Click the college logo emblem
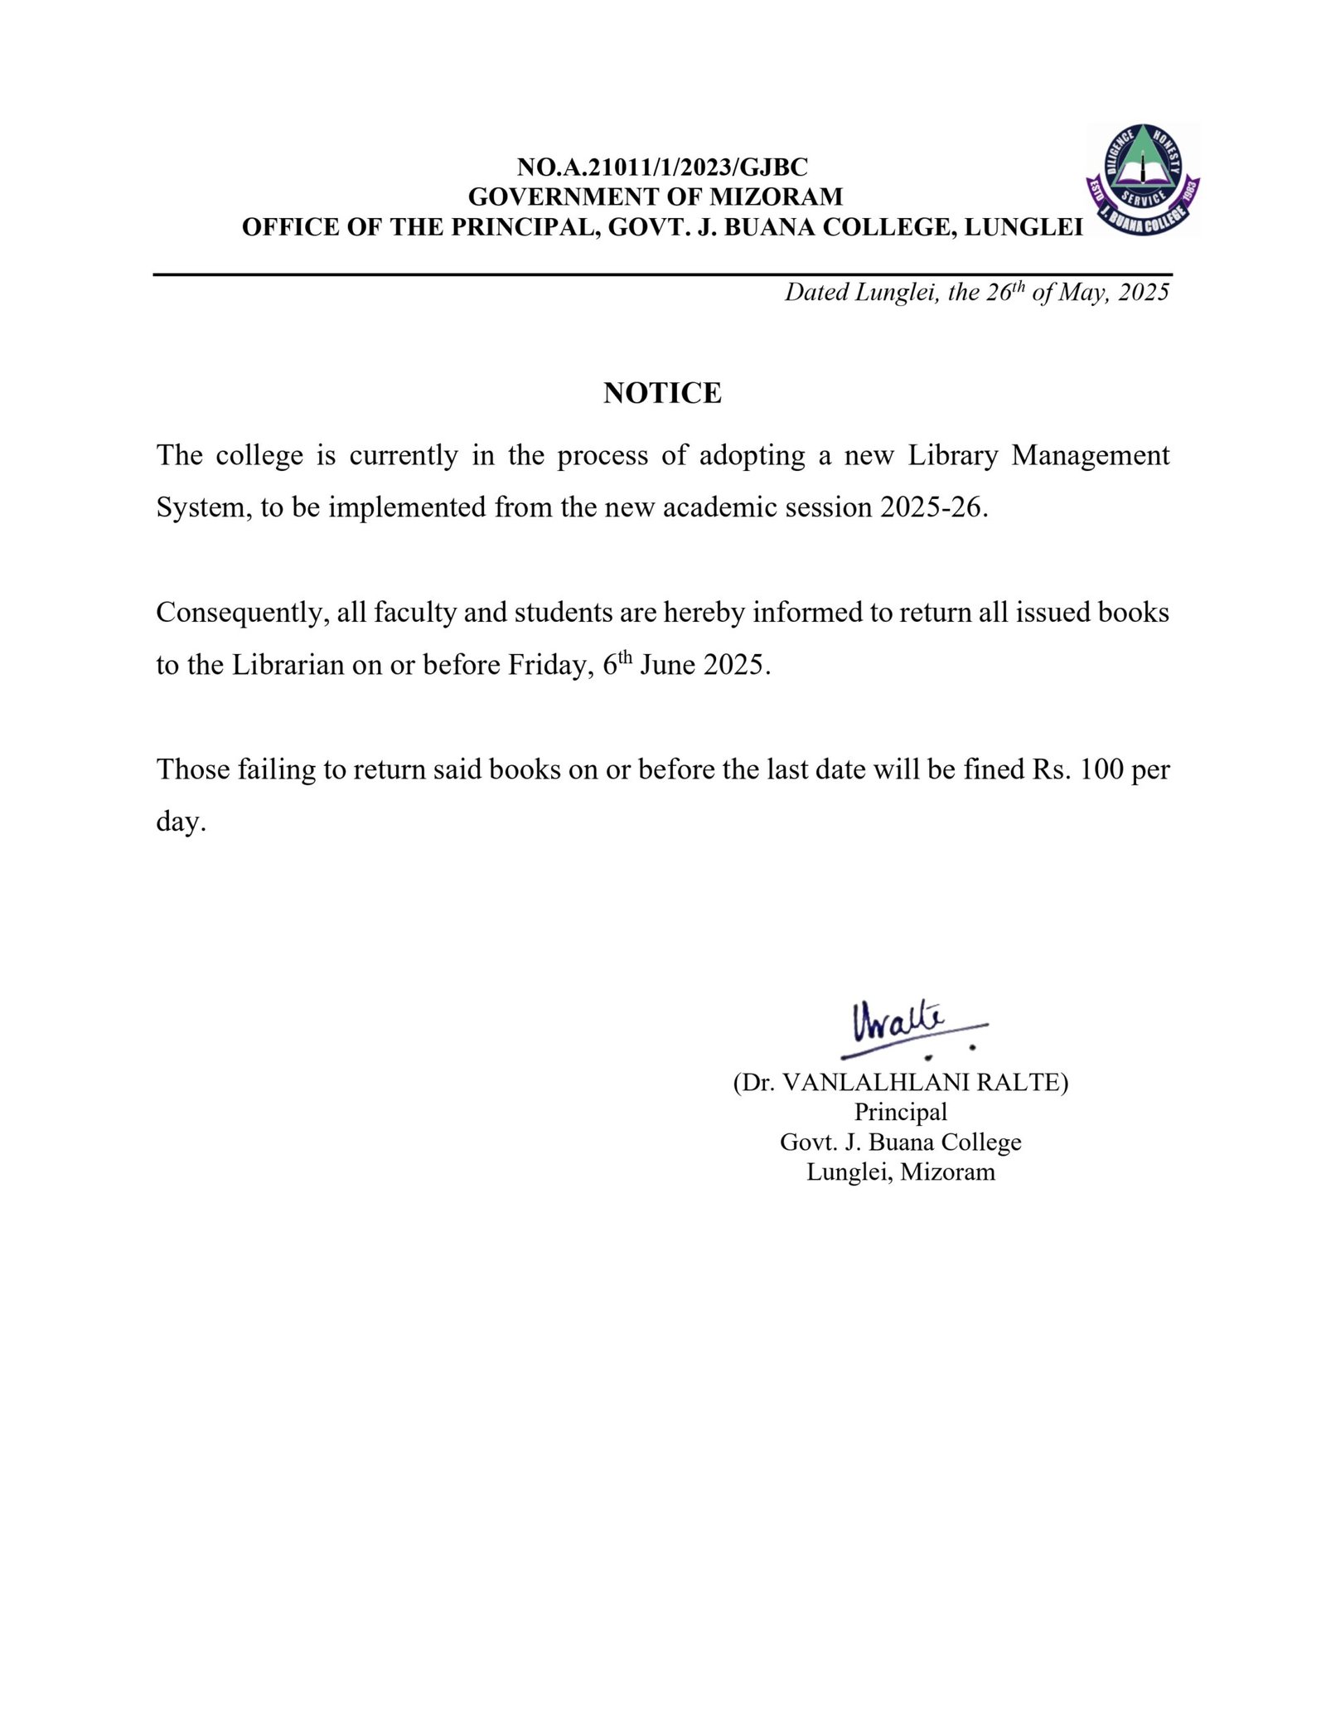point(1143,180)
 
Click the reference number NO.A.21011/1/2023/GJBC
point(662,167)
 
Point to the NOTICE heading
point(662,393)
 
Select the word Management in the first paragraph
point(1090,456)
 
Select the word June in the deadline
point(667,666)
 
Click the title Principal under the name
point(900,1113)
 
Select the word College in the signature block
point(980,1143)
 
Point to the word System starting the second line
point(203,507)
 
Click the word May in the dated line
point(1083,293)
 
